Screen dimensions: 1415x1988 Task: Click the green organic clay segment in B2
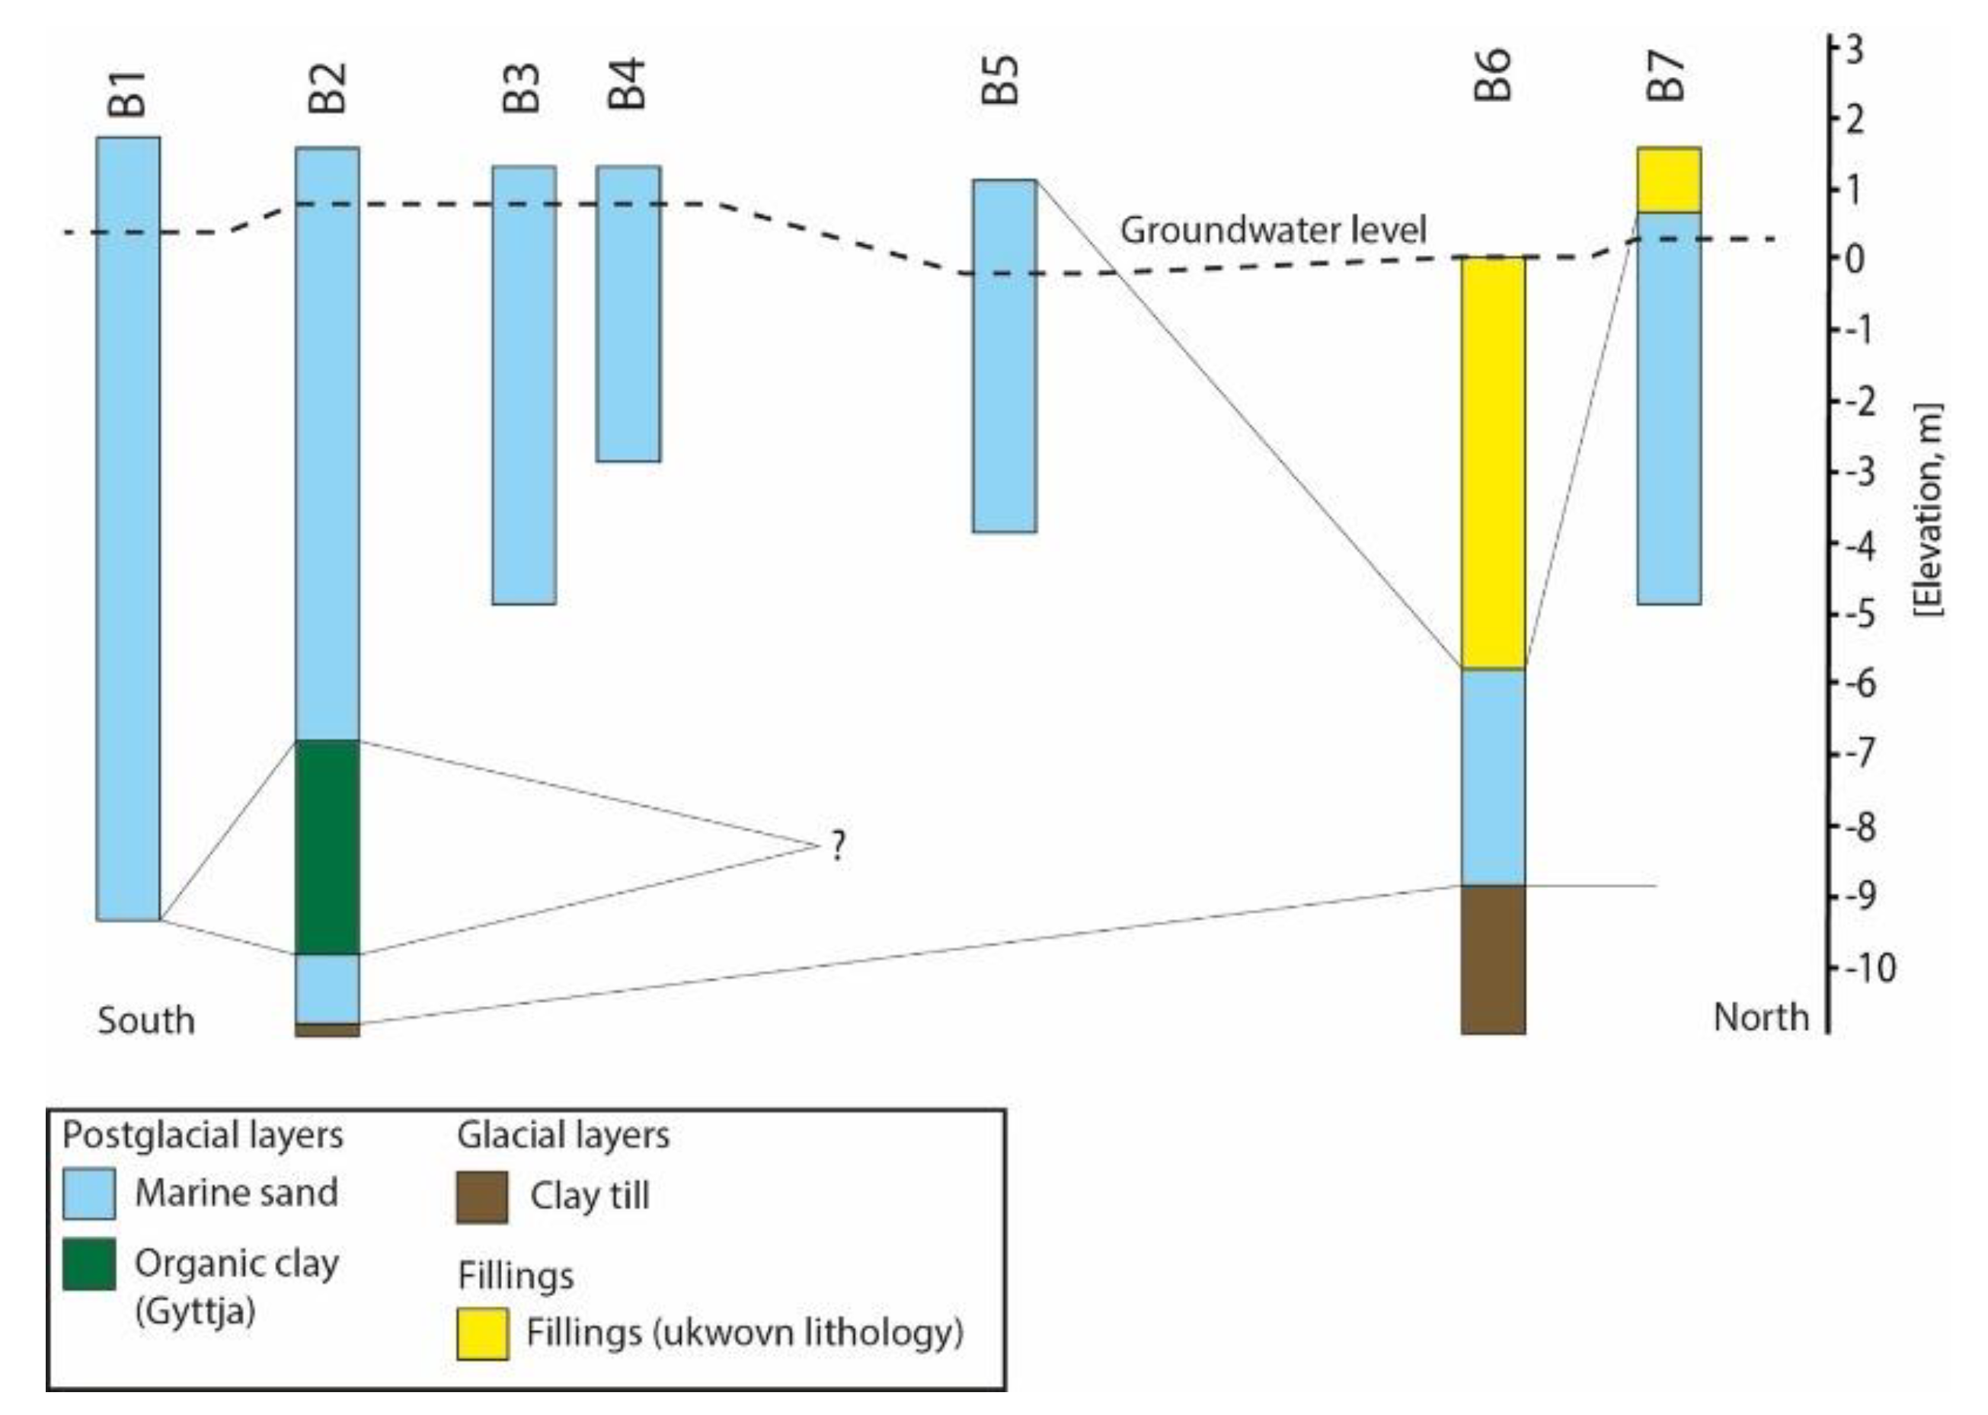(x=328, y=846)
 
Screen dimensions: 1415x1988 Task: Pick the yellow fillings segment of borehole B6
(x=1493, y=462)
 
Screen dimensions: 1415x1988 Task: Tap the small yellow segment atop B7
(x=1669, y=180)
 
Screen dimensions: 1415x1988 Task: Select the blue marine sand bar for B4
(x=628, y=314)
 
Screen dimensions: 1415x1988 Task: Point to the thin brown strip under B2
(x=328, y=1030)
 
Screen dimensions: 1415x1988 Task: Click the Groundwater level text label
(x=1273, y=231)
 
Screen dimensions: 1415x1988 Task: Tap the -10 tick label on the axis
(x=1867, y=968)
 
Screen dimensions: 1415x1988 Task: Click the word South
(x=146, y=1021)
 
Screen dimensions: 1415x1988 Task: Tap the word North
(x=1760, y=1017)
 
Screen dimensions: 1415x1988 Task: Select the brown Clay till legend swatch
(x=482, y=1197)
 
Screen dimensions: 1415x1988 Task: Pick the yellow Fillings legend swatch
(x=482, y=1333)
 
